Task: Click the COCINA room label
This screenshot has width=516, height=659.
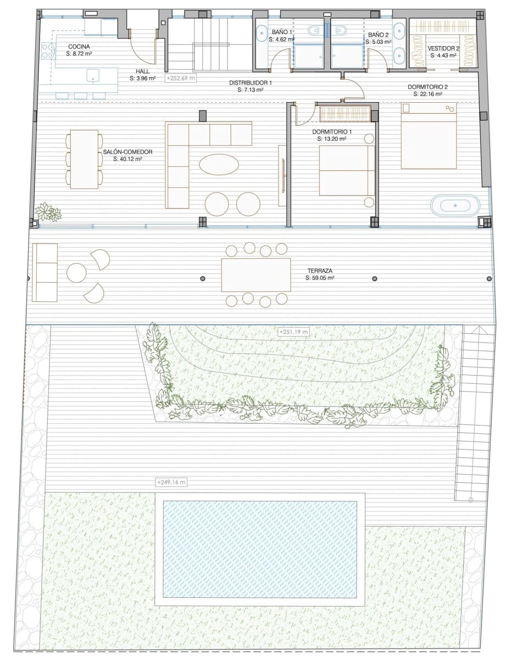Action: [79, 47]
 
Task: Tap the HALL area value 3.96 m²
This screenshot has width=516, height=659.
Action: [143, 78]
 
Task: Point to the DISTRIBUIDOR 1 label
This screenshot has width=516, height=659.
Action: [251, 83]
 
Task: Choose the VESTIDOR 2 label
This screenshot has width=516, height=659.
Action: [443, 48]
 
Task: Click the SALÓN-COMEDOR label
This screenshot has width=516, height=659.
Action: [127, 152]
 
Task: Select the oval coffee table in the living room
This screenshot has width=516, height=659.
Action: [219, 164]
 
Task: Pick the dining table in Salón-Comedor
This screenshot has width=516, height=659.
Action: [84, 159]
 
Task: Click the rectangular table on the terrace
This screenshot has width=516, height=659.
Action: [256, 275]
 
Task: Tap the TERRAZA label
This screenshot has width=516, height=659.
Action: [320, 271]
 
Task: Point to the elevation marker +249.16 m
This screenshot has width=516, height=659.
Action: [171, 482]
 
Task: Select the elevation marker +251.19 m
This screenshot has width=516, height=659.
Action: [294, 332]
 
